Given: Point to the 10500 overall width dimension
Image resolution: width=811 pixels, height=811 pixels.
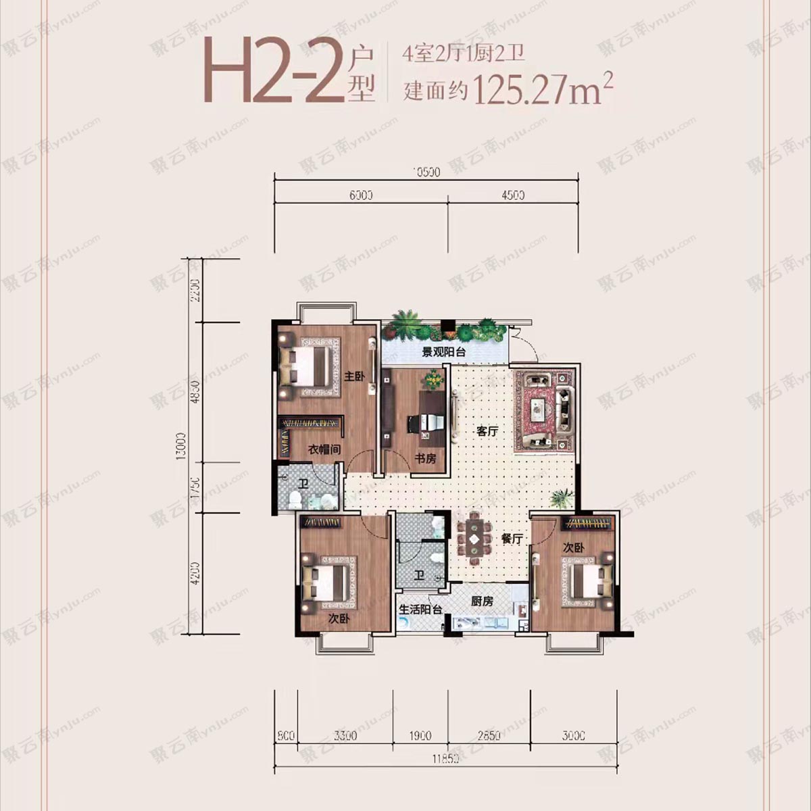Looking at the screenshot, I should point(426,172).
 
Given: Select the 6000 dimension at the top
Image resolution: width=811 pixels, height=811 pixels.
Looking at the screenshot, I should point(362,196).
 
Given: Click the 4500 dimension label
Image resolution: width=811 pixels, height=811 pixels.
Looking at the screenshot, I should point(514,196).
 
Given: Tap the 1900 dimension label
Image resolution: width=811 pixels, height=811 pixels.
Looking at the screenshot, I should point(420,735).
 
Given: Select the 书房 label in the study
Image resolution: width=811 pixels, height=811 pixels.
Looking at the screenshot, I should point(425,459).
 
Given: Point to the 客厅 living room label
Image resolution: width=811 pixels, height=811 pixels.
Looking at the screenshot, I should point(487,431).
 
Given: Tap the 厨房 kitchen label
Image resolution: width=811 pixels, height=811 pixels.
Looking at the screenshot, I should point(482,601).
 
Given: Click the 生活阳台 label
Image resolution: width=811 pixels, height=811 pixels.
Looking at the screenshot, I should point(420,609).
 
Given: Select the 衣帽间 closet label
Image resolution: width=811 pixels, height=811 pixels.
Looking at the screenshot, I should point(324,449).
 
